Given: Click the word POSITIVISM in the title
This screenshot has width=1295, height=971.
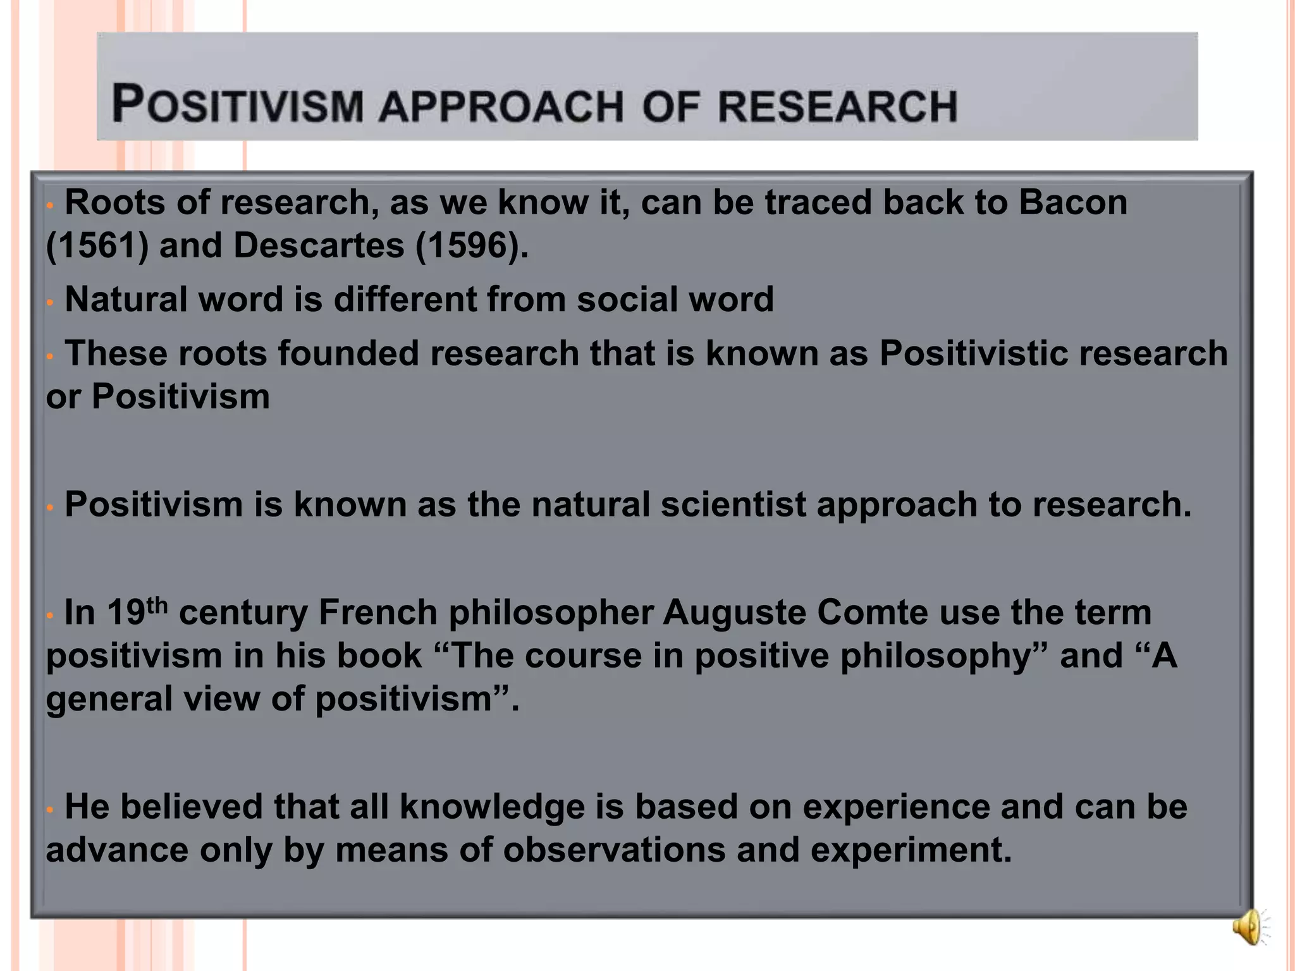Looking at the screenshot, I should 238,104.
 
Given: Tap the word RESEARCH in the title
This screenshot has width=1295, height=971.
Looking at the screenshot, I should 837,106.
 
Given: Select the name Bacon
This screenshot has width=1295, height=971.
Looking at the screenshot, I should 1072,202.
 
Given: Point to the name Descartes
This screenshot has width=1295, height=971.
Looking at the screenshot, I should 318,245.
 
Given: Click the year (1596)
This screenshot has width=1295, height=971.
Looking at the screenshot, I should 471,245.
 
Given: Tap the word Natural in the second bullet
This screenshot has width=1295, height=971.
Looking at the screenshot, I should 126,299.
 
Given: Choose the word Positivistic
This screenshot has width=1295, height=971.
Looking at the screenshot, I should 974,353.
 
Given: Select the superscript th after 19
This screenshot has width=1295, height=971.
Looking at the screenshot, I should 157,606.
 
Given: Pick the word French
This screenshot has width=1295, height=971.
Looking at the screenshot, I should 377,613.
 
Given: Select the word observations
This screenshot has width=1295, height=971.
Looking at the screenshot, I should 614,850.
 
